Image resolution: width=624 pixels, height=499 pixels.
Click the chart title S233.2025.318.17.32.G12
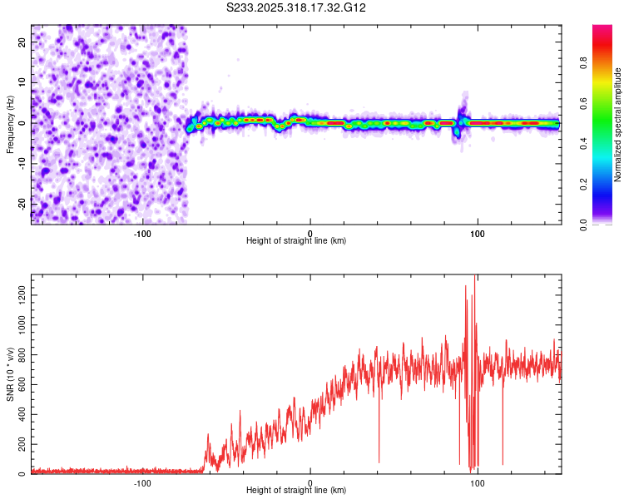pos(297,7)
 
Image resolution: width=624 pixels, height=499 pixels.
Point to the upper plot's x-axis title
pos(296,240)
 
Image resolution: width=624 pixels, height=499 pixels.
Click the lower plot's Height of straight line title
pos(296,490)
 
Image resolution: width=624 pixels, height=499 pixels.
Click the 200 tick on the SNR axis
pos(18,445)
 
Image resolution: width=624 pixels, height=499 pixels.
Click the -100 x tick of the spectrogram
pos(142,232)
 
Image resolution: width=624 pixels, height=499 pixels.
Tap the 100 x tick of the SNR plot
pos(478,482)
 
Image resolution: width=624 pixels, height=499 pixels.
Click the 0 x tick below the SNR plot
pos(310,482)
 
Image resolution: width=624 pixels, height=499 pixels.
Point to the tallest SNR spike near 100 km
pos(474,277)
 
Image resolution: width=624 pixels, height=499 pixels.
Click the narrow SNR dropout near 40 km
pos(379,461)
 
